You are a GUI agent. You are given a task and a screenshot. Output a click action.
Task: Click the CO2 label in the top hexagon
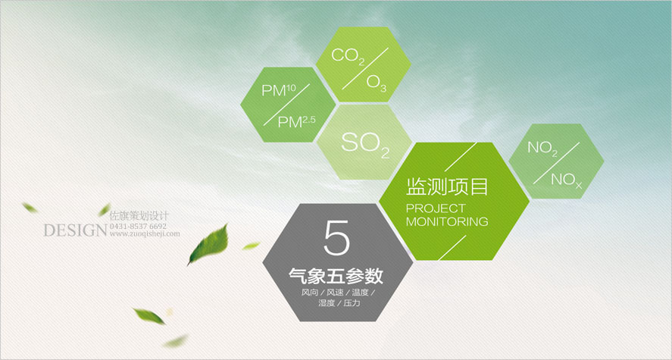(348, 57)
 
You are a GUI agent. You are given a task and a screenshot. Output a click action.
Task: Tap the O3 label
(377, 83)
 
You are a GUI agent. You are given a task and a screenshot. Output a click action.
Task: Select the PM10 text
(279, 91)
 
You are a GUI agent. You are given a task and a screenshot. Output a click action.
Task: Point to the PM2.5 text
(296, 122)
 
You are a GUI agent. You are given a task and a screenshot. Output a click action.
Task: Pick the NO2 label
(542, 149)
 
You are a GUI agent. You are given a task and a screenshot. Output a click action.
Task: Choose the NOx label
(566, 180)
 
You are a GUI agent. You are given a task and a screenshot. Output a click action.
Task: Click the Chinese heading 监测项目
(447, 188)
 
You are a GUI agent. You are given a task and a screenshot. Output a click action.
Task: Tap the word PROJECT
(436, 208)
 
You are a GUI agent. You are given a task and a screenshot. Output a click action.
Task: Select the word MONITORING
(447, 221)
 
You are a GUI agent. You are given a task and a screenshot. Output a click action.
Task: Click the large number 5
(337, 238)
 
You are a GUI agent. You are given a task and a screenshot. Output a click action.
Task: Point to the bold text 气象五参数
(336, 277)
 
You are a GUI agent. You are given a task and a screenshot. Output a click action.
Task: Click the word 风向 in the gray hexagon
(308, 293)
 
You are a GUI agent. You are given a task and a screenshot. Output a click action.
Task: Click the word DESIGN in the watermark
(74, 230)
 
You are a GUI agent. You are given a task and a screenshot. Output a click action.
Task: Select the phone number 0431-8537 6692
(139, 226)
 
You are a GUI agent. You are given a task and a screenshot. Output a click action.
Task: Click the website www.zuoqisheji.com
(145, 233)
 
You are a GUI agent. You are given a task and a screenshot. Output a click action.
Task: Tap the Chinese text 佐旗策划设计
(139, 216)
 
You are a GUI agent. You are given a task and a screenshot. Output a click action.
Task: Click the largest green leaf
(208, 245)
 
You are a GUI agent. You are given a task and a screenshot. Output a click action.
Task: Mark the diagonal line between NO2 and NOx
(557, 163)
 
